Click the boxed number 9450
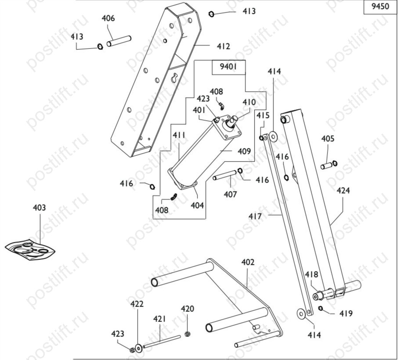380,6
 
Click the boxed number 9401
228,67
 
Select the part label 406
108,18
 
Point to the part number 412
223,46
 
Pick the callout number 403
39,208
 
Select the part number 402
248,262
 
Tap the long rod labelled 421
162,342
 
